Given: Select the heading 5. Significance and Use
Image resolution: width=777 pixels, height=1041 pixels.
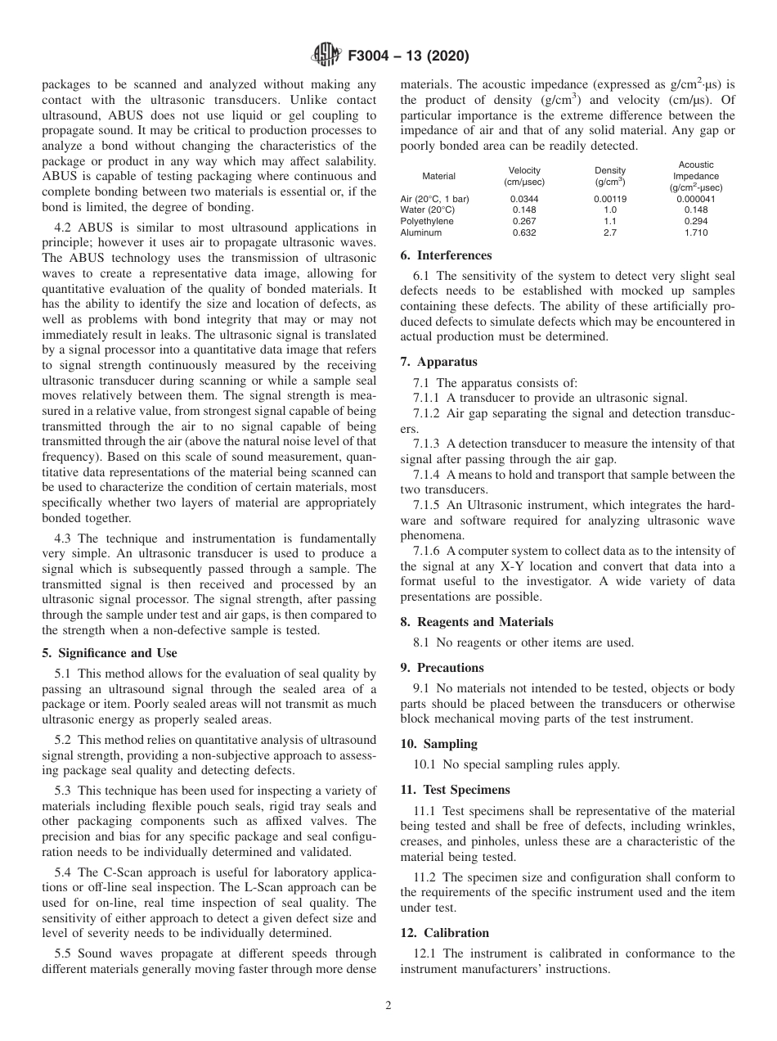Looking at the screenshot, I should coord(109,653).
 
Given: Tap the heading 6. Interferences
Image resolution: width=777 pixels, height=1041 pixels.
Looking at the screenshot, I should coord(446,255).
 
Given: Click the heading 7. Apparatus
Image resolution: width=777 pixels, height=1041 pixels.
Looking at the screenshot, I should coord(438,362).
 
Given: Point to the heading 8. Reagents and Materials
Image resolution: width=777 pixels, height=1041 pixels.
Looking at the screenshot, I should coord(477,622).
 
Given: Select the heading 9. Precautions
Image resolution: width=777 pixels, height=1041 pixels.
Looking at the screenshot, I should coord(442,668).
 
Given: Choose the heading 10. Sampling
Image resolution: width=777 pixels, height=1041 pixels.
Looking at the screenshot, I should coord(438,744).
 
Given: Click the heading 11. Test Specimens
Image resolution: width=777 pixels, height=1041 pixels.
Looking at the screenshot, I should coord(455,790).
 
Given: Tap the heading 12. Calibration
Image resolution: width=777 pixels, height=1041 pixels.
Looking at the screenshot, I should coord(444,933).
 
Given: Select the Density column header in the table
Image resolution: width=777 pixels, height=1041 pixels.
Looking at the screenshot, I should coord(610,176).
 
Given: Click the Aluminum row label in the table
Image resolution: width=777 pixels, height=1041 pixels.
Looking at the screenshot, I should coord(421,232).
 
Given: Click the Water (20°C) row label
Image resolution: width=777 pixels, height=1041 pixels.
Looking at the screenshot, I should coord(427,210).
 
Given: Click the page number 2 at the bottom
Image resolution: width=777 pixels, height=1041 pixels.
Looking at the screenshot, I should coord(388,1006).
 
